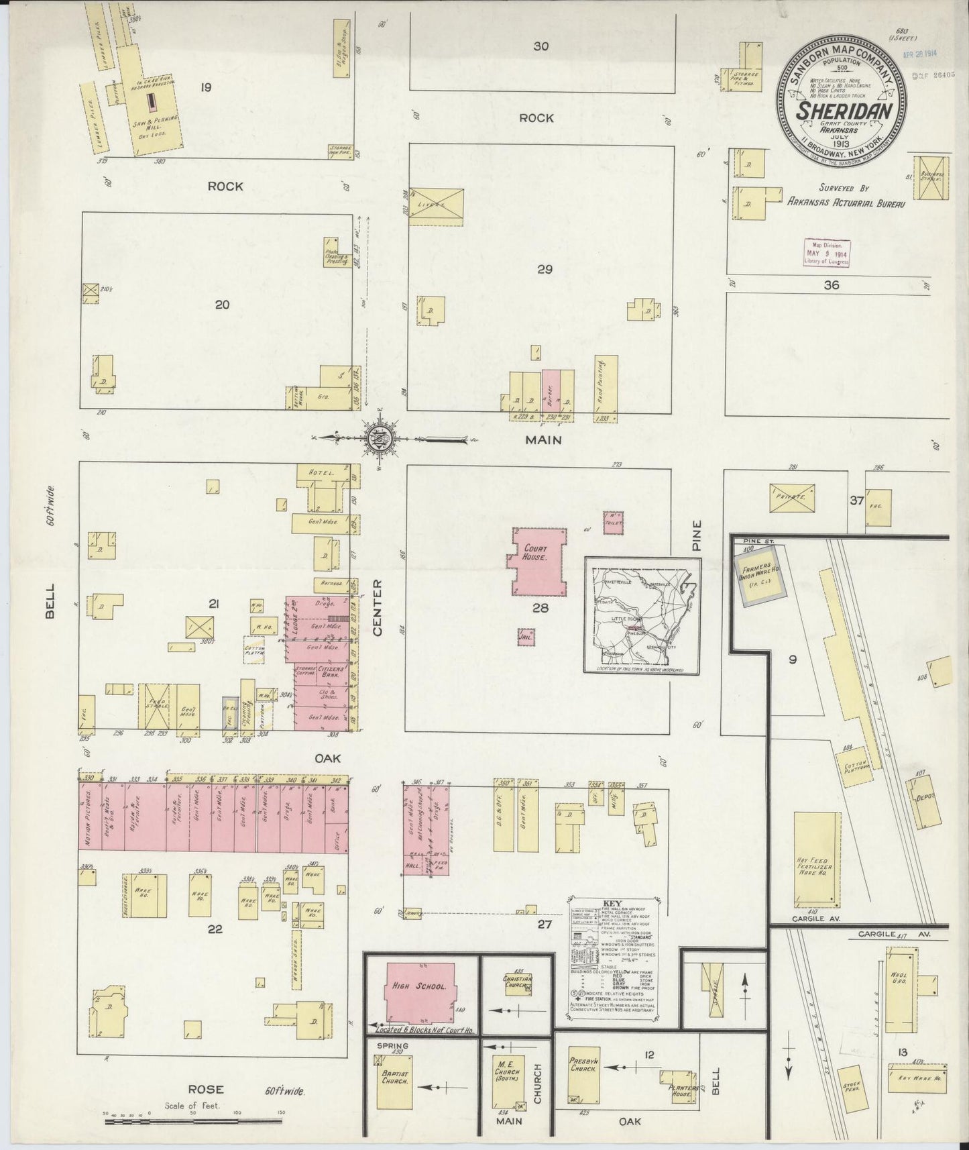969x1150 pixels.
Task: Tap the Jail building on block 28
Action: pos(526,637)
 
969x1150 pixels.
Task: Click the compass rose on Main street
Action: pos(382,439)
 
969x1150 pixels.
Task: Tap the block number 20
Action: pos(222,305)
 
